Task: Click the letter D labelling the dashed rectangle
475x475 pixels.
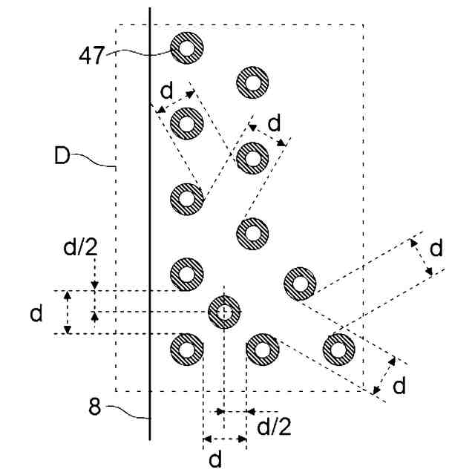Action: tap(62, 157)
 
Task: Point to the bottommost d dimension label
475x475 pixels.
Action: tap(215, 459)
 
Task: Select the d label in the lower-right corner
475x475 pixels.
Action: tap(399, 385)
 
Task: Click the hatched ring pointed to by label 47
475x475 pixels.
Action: tap(186, 49)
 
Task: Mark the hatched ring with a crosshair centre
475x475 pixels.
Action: tap(224, 312)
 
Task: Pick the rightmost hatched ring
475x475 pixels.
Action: tap(338, 349)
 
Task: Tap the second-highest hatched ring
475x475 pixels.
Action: tap(252, 82)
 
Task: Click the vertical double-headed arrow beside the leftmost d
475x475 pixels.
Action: tap(68, 312)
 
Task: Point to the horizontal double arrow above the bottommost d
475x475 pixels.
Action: tap(225, 439)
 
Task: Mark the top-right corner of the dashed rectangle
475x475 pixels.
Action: tap(363, 24)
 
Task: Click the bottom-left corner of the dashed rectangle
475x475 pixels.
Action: tap(117, 391)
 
